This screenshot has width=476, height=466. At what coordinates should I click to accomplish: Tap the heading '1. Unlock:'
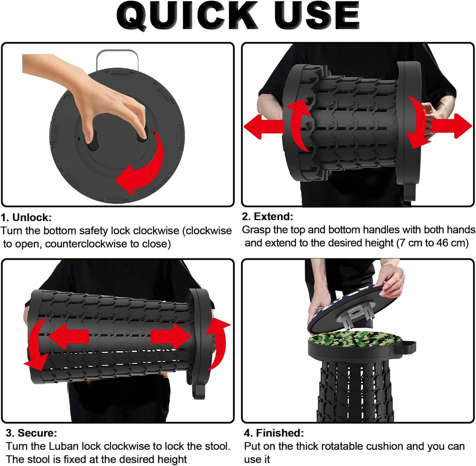[x=26, y=217]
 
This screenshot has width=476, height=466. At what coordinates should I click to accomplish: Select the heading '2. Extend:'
[x=268, y=216]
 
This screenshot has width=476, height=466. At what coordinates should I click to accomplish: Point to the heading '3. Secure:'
[x=31, y=433]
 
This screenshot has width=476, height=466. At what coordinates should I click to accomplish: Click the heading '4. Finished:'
[x=274, y=433]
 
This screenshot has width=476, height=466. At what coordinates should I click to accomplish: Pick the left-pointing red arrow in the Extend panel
[x=264, y=127]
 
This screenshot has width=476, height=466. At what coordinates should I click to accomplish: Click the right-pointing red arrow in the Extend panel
[x=452, y=126]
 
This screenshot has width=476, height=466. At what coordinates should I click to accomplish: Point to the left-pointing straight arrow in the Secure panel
[x=69, y=337]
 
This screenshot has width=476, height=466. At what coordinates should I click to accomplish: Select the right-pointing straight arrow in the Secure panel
[x=171, y=336]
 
